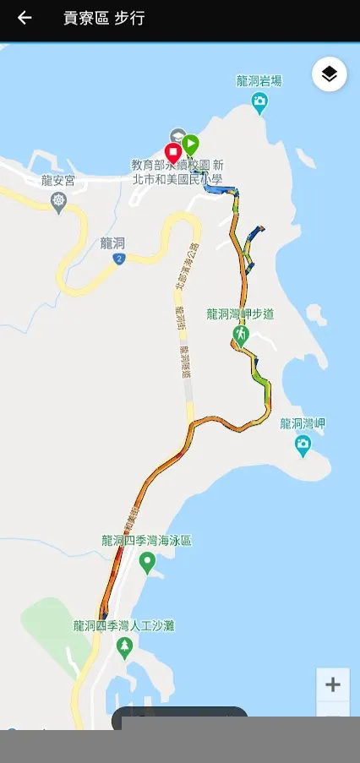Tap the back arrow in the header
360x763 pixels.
(25, 18)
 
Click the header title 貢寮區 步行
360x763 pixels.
(103, 18)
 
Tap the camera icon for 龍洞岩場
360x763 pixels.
(260, 102)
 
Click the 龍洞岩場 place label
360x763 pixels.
(259, 81)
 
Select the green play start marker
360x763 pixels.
(191, 144)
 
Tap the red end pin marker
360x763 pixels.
(174, 153)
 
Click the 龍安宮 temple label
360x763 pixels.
(58, 179)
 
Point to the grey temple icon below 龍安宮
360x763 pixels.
(58, 200)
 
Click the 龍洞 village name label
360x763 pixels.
(112, 243)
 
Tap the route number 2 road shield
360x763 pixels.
(120, 259)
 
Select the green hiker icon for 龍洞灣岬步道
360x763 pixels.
(241, 335)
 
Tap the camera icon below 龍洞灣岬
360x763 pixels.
(303, 444)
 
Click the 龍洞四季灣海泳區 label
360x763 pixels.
(147, 540)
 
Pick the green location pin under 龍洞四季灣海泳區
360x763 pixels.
(147, 562)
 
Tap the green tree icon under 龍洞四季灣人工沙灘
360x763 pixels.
(125, 647)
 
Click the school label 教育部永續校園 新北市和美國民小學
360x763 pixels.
(177, 172)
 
